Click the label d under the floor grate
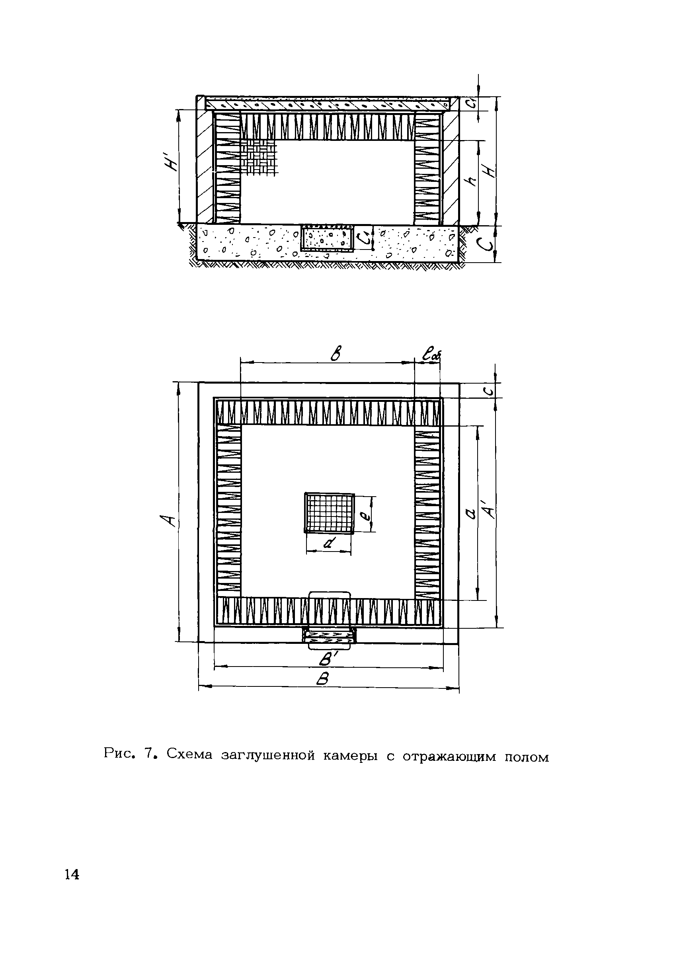(x=329, y=544)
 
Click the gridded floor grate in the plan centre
(x=329, y=513)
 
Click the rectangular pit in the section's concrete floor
(x=328, y=238)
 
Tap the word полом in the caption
(x=526, y=756)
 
